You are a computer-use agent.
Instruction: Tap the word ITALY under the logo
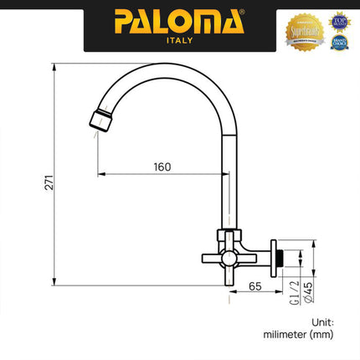[x=180, y=41]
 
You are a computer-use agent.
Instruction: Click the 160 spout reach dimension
[x=162, y=166]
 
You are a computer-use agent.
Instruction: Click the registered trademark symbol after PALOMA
[x=244, y=13]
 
